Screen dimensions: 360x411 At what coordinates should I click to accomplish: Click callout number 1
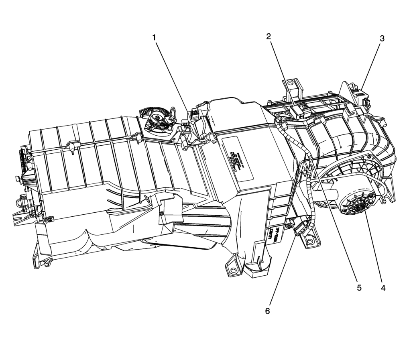154,37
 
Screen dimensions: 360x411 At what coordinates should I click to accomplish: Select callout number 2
269,36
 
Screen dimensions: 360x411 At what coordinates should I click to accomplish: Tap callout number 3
382,38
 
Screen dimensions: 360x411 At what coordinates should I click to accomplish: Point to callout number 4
383,288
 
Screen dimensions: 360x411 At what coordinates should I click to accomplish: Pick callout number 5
359,288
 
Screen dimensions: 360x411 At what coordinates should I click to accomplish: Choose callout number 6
268,311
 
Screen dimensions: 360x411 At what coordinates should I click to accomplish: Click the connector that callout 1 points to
194,115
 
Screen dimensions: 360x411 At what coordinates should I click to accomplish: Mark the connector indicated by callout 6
302,228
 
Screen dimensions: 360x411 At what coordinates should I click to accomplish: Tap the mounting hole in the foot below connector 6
309,242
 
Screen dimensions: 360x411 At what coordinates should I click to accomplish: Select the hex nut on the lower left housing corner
49,219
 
